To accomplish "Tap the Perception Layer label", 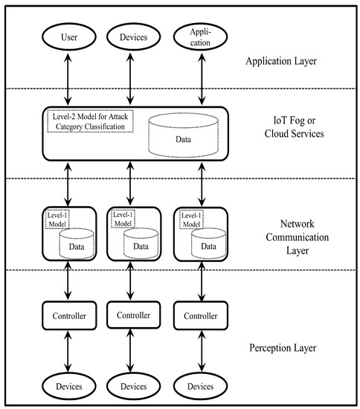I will (x=284, y=348).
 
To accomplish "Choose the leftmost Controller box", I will (x=68, y=316).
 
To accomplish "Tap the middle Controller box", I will (x=134, y=316).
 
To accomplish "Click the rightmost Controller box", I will (x=200, y=316).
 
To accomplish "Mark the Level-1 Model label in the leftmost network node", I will (x=57, y=219).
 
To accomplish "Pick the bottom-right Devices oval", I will (x=200, y=386).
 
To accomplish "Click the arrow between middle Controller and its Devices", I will (x=134, y=351).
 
